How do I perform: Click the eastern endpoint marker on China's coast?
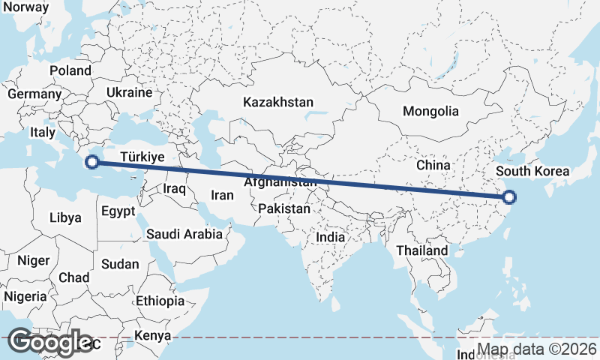[x=510, y=198]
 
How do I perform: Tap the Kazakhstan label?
[x=278, y=102]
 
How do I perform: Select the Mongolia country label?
[x=430, y=112]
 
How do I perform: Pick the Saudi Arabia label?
[x=184, y=234]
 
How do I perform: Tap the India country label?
[x=331, y=237]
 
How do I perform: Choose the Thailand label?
[x=422, y=250]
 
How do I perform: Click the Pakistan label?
[x=283, y=208]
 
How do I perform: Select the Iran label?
[x=223, y=195]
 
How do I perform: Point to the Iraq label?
[x=174, y=189]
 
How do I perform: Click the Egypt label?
[x=118, y=210]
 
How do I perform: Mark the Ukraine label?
[x=130, y=93]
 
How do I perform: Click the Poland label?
[x=70, y=71]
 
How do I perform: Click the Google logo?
[x=51, y=342]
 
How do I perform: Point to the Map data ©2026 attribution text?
[x=538, y=349]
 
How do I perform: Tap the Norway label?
[x=25, y=7]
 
